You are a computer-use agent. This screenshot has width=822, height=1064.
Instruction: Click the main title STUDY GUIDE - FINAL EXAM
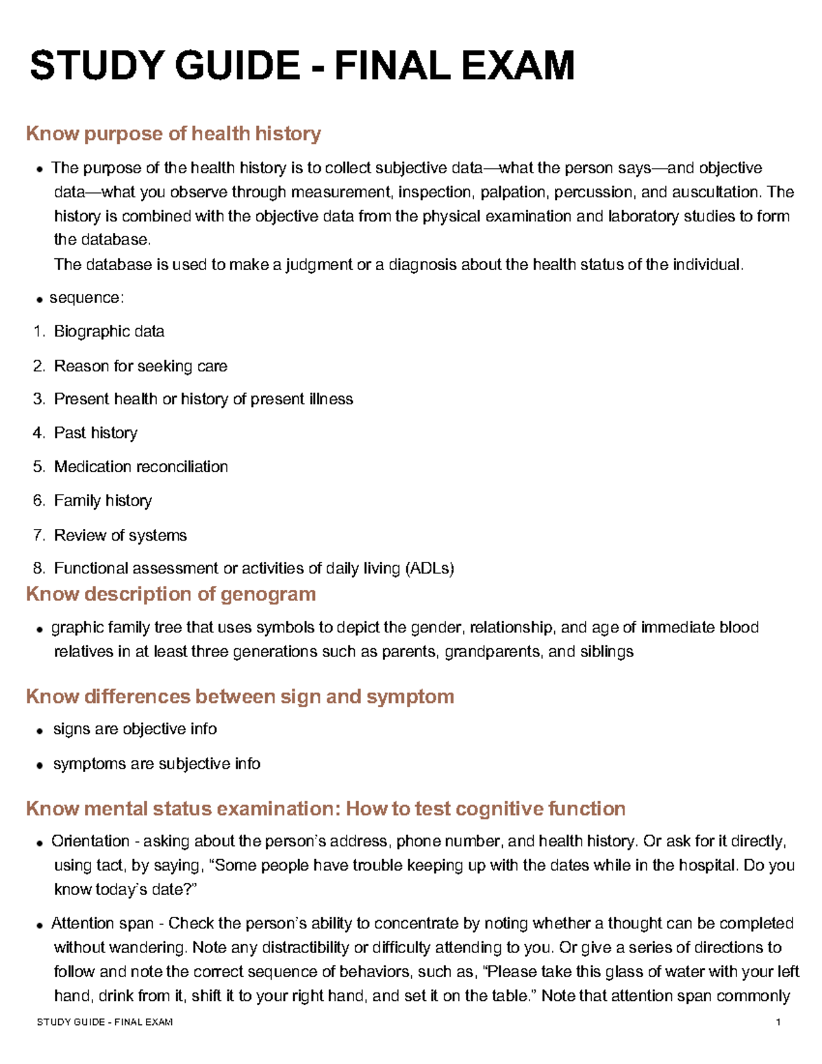[x=301, y=66]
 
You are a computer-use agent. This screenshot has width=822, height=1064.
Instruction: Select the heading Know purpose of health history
[x=173, y=134]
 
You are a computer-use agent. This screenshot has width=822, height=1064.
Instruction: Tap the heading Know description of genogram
[x=171, y=594]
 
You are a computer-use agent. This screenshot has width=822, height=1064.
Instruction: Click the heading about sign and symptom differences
[x=240, y=697]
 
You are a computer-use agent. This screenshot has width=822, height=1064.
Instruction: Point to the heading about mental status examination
[x=325, y=809]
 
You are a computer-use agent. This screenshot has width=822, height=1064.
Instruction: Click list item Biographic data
[x=109, y=332]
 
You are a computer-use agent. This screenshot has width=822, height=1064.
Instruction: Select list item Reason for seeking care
[x=140, y=367]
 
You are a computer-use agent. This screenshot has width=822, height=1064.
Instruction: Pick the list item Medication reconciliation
[x=140, y=467]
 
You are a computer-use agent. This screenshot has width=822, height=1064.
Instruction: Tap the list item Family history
[x=103, y=501]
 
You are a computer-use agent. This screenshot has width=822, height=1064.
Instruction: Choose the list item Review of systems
[x=120, y=536]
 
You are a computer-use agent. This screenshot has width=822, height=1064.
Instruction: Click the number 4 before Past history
[x=38, y=433]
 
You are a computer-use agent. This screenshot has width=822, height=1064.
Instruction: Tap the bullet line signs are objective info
[x=135, y=729]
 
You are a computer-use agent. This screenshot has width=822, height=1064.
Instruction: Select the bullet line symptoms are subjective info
[x=156, y=764]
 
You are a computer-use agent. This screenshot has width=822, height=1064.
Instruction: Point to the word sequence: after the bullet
[x=86, y=298]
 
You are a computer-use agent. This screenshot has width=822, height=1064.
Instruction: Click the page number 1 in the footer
[x=778, y=1022]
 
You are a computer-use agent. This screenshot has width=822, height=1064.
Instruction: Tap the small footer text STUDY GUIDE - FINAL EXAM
[x=104, y=1022]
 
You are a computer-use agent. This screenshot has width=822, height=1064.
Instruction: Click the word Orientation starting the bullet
[x=90, y=841]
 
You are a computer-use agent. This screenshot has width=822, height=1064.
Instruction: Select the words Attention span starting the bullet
[x=103, y=924]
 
